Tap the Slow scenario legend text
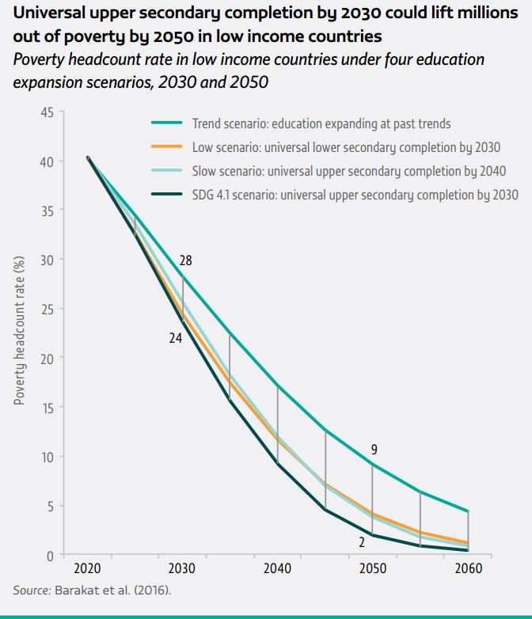[349, 170]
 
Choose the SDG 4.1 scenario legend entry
[355, 194]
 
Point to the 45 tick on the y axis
[47, 112]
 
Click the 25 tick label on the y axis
[47, 309]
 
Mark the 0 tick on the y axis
[50, 555]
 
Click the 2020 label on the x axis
[87, 569]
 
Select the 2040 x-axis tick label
[277, 569]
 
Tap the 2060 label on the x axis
[468, 569]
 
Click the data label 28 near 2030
[185, 260]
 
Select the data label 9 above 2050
[374, 450]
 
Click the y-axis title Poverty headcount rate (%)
[19, 333]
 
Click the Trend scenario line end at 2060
[468, 511]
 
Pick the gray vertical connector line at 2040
[277, 423]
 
